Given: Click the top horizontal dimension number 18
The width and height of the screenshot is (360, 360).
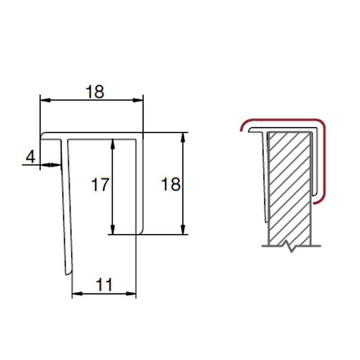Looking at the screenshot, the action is pyautogui.click(x=95, y=92).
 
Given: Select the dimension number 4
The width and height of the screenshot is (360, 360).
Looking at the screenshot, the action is pyautogui.click(x=31, y=157).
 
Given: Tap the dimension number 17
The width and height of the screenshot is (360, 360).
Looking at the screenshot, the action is pyautogui.click(x=100, y=184).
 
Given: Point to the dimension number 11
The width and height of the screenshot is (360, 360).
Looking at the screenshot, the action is pyautogui.click(x=104, y=285).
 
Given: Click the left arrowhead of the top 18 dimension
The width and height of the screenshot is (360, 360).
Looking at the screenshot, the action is pyautogui.click(x=45, y=100).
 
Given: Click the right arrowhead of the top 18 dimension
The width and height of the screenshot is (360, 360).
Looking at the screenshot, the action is pyautogui.click(x=138, y=100).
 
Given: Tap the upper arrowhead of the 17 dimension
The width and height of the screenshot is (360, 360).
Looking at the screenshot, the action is pyautogui.click(x=112, y=144).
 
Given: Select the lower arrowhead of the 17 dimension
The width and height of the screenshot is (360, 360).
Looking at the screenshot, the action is pyautogui.click(x=112, y=229).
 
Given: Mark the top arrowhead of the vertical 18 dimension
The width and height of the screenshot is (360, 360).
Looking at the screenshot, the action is pyautogui.click(x=183, y=138).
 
